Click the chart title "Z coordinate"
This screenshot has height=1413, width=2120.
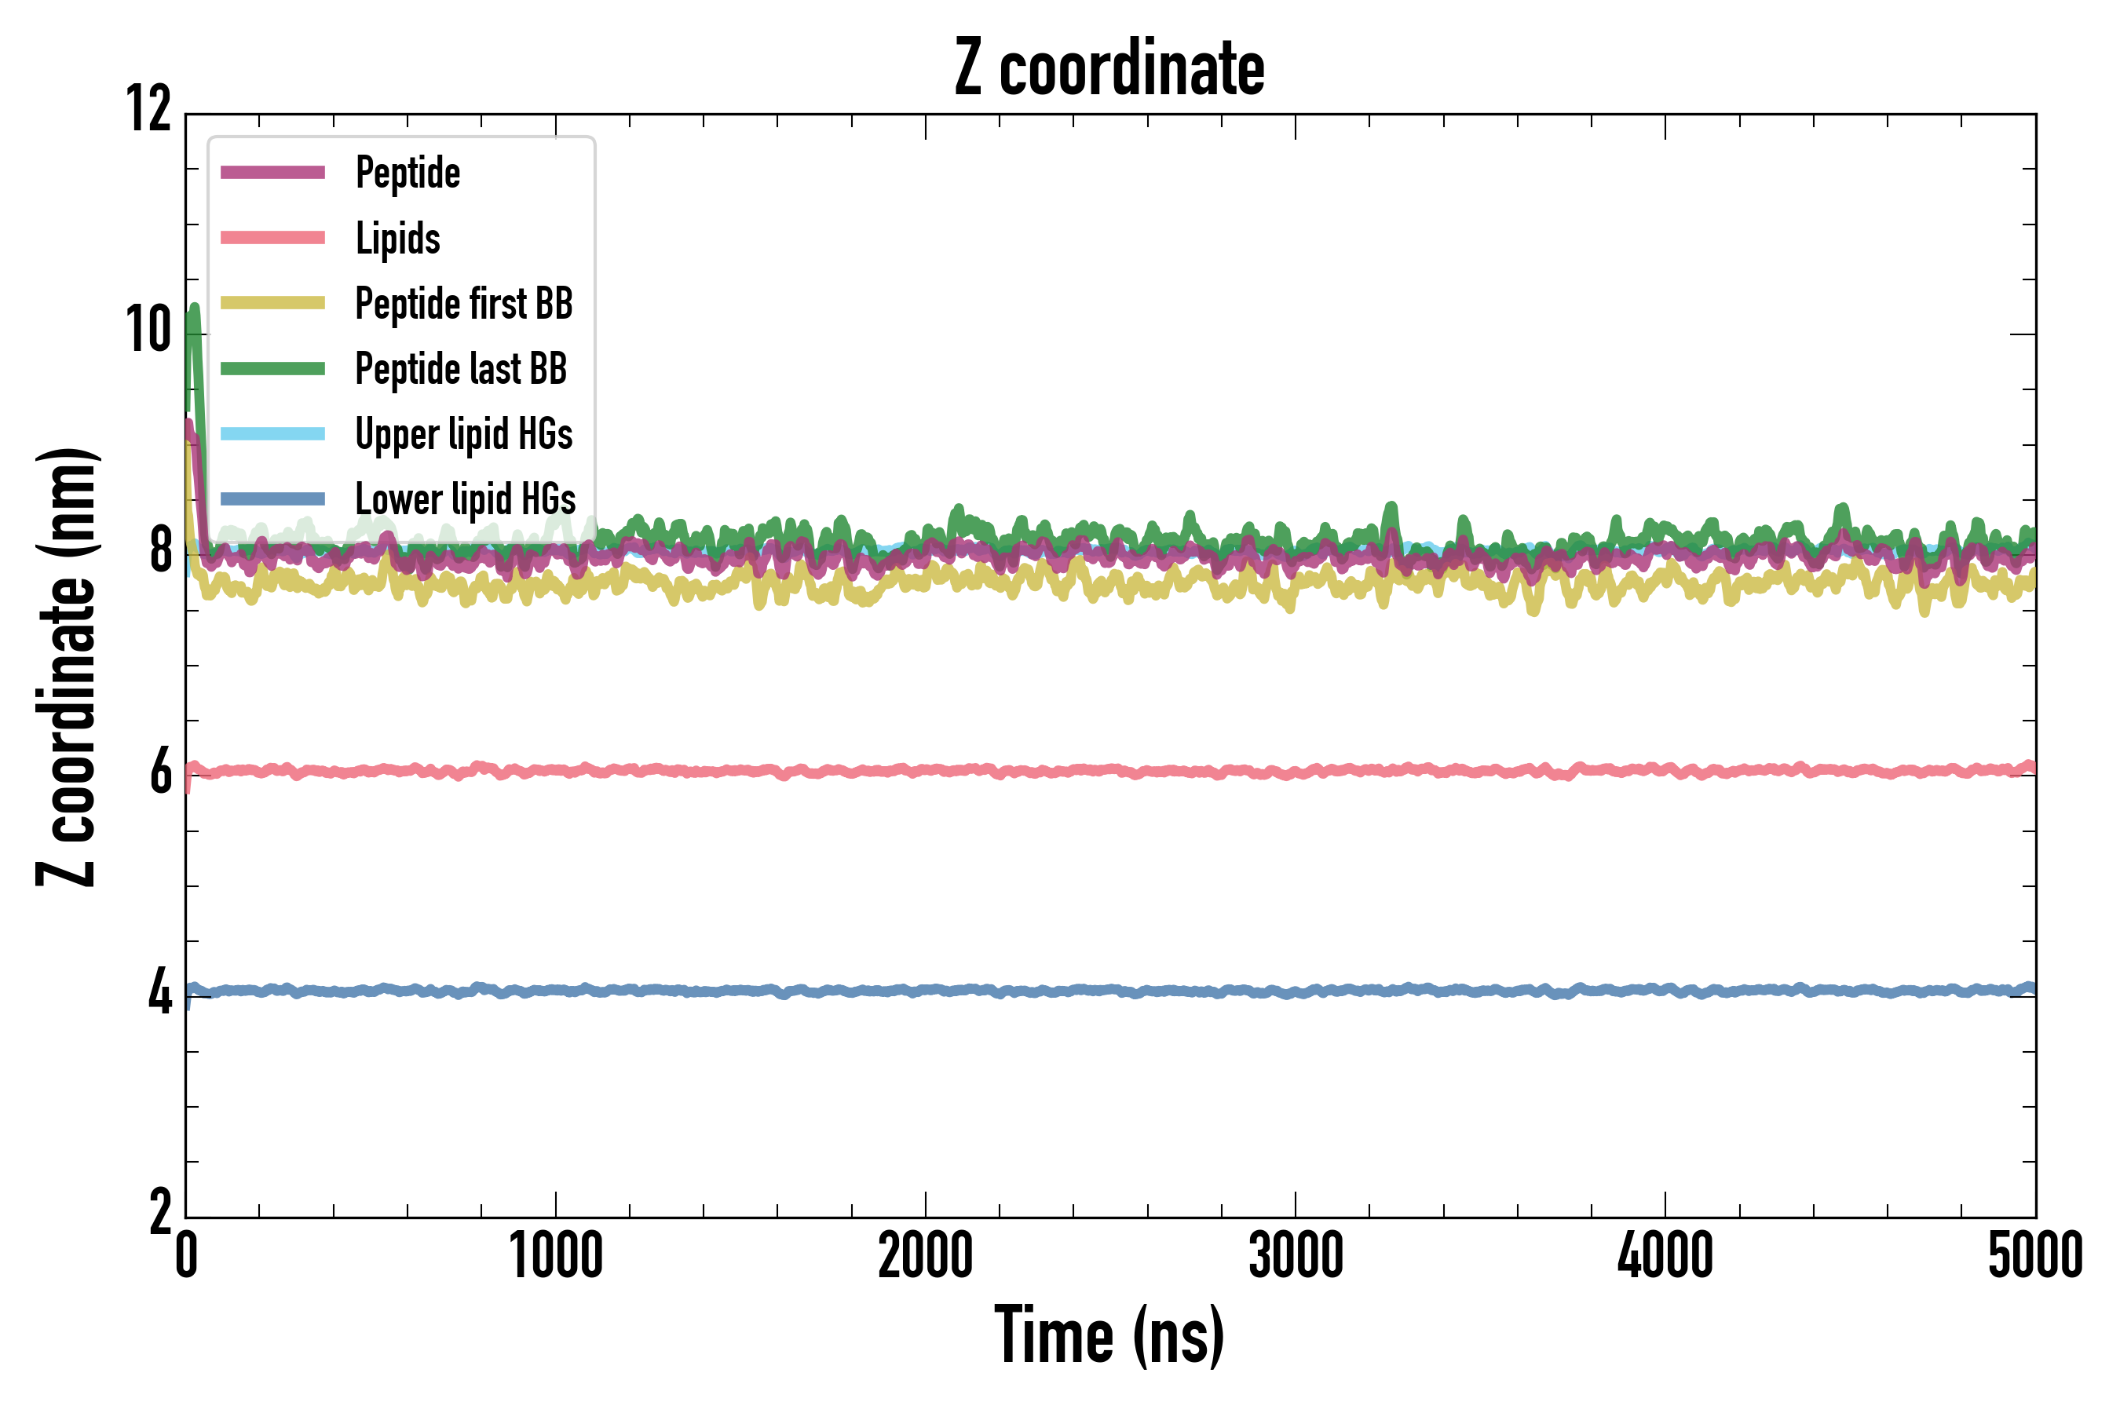pos(1109,68)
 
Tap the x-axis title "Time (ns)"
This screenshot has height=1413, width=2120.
pos(1109,1335)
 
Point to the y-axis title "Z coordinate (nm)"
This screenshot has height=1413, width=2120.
pos(67,666)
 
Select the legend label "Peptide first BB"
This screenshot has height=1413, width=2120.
pos(463,304)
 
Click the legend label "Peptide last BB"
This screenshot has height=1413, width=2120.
pos(461,370)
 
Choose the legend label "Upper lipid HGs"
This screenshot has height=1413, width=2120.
pos(463,434)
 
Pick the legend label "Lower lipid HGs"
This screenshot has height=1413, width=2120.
pos(465,499)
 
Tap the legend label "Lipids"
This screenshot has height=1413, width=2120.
pos(397,239)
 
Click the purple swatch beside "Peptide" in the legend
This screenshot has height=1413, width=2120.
pos(272,173)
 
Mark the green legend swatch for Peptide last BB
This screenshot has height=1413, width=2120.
pos(272,369)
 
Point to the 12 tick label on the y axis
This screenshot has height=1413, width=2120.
pos(148,110)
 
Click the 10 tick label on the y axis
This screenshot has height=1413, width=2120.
pos(148,330)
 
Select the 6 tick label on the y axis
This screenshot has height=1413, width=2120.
pos(160,772)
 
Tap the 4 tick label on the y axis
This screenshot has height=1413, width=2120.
pos(160,993)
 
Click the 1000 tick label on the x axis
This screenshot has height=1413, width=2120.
pos(555,1255)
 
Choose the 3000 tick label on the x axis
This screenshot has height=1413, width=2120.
pos(1296,1255)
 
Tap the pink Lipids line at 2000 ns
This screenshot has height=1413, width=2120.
pos(926,771)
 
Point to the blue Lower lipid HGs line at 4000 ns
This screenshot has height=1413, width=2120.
pos(1665,991)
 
